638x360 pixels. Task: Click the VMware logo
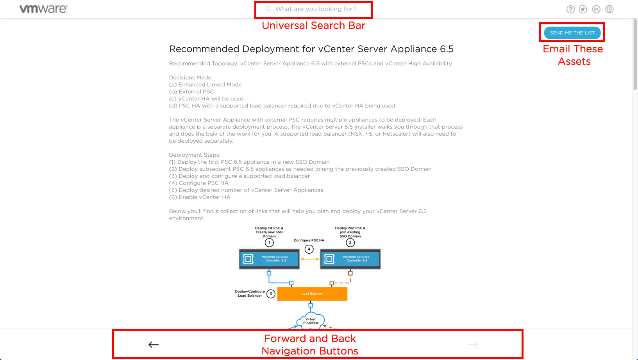point(43,9)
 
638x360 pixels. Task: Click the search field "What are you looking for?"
point(315,9)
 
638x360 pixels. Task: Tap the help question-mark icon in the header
point(570,9)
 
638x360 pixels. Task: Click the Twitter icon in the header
point(583,9)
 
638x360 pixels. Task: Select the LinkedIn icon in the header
point(596,9)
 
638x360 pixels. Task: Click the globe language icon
point(609,9)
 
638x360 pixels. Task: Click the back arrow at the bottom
point(154,344)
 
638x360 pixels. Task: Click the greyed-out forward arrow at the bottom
point(473,344)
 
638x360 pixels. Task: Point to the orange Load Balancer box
point(312,294)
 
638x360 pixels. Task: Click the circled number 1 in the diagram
point(269,243)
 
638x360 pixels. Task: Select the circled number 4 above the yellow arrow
point(309,249)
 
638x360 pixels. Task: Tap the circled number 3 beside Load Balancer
point(271,294)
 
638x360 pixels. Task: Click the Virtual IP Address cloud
point(311,321)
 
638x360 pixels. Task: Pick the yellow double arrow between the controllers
point(309,259)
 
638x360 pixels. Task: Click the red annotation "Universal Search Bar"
point(313,25)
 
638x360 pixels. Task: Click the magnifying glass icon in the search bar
point(268,9)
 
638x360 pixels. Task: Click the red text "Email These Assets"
point(573,55)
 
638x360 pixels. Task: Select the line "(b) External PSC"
point(191,91)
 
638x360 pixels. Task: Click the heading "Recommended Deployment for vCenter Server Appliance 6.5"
point(311,49)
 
